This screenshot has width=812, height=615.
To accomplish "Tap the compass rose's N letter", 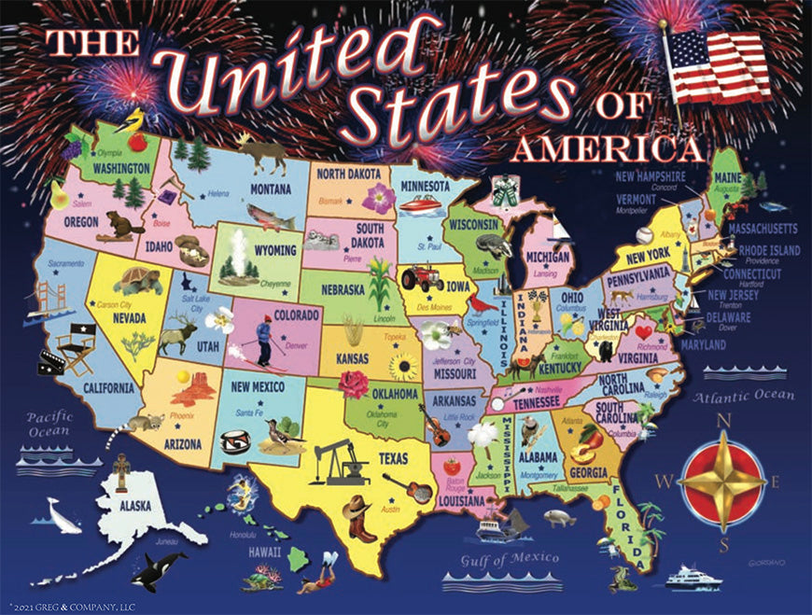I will (721, 421).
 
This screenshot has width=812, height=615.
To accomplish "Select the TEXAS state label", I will (394, 459).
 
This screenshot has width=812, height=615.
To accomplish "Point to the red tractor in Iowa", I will (423, 278).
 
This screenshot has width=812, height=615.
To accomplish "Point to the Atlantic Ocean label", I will (744, 396).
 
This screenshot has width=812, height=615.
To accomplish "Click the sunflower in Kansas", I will (405, 368).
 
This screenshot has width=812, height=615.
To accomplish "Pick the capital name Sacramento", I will (53, 264).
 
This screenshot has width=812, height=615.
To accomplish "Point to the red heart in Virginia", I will (643, 332).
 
